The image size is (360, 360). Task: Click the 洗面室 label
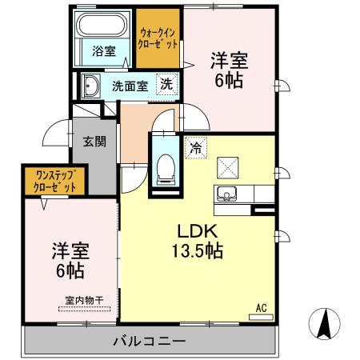coord(128,86)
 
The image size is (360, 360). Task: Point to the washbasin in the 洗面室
coord(90,85)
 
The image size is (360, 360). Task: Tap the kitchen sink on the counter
coord(226,194)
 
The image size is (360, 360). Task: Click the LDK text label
coord(194,230)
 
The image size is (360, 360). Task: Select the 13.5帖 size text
coord(194,250)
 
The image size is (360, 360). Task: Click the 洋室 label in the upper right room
coord(227,59)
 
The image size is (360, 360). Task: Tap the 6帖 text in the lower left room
coord(69,270)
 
